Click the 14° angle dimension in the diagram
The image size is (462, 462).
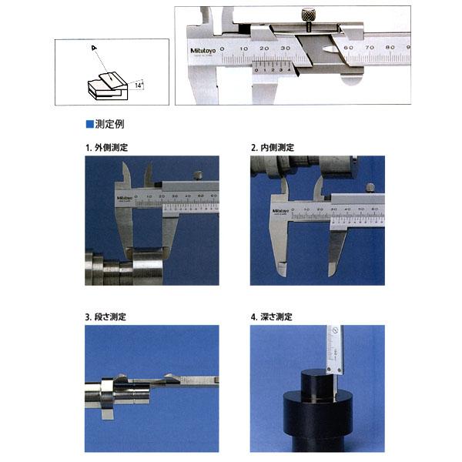pyautogui.click(x=138, y=87)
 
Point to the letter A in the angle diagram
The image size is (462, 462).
pyautogui.click(x=92, y=49)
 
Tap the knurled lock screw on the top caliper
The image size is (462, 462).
pyautogui.click(x=307, y=15)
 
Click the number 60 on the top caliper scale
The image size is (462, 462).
pyautogui.click(x=348, y=48)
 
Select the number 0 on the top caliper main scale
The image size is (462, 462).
pyautogui.click(x=222, y=48)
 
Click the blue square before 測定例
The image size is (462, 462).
pyautogui.click(x=89, y=123)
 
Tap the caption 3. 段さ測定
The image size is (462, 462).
pyautogui.click(x=106, y=316)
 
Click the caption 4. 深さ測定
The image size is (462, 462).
pyautogui.click(x=272, y=316)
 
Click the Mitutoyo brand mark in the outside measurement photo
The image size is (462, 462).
pyautogui.click(x=125, y=199)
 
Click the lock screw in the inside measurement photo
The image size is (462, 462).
pyautogui.click(x=371, y=187)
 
